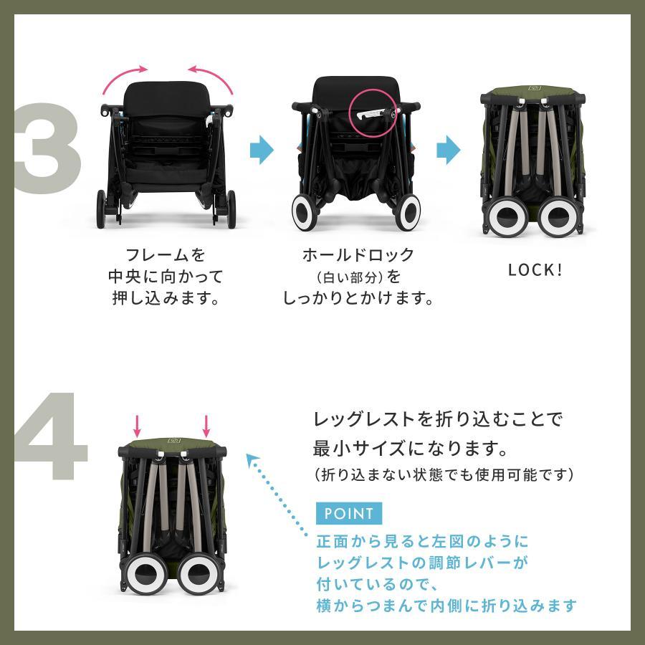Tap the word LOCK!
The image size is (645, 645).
point(535,270)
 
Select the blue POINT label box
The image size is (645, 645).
point(349,513)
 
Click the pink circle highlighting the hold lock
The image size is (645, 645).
point(372,113)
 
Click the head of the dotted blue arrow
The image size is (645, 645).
point(251,459)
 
